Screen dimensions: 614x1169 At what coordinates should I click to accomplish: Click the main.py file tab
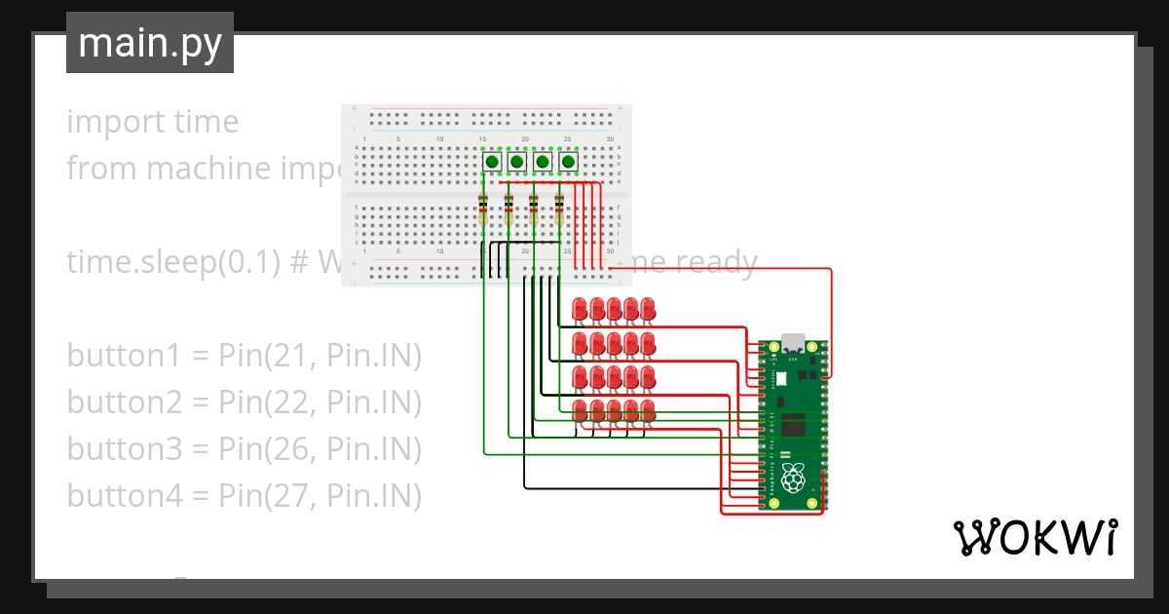(149, 43)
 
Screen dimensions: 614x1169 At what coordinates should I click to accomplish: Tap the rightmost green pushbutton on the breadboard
(568, 161)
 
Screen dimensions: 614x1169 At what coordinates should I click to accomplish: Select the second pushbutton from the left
(517, 161)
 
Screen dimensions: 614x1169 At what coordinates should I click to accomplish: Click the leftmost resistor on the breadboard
(483, 211)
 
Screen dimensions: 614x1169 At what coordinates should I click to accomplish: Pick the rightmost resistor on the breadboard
(559, 211)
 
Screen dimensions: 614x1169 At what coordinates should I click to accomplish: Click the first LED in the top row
(580, 309)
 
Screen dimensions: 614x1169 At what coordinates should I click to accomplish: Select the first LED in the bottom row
(580, 411)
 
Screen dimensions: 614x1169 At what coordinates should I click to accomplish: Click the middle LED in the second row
(615, 343)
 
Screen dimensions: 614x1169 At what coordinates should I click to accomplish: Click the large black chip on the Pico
(794, 424)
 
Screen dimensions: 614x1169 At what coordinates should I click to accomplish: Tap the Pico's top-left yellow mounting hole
(774, 348)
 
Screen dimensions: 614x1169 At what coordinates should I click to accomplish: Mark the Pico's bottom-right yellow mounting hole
(813, 503)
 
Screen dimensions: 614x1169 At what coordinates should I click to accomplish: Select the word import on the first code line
(102, 122)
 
